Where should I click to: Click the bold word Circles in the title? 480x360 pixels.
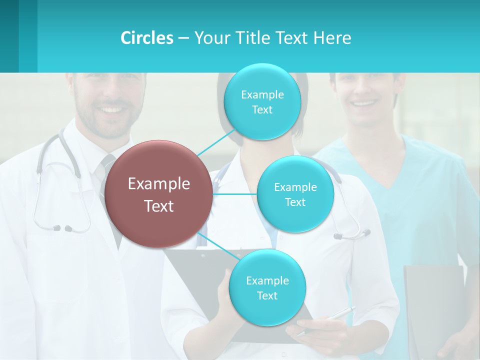pos(147,38)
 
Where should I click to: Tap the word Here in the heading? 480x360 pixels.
pos(332,38)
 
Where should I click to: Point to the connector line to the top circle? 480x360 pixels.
pos(216,142)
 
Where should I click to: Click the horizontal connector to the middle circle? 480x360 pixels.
pos(234,194)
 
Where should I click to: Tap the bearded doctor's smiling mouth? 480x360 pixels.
pos(111,109)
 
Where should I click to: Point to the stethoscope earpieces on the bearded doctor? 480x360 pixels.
pos(62,228)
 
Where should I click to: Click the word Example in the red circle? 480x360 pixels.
pos(159,184)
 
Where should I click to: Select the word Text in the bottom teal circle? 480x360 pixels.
pos(267,295)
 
